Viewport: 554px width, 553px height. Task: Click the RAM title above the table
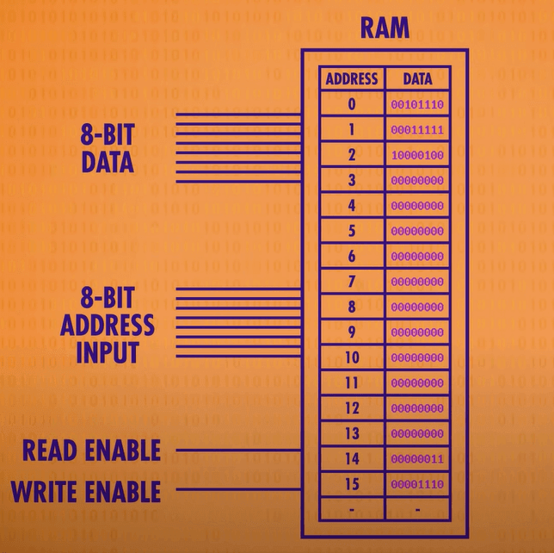click(385, 28)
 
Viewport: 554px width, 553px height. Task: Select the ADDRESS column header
click(352, 79)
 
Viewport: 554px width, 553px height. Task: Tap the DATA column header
click(417, 79)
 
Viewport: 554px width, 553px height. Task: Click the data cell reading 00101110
click(417, 105)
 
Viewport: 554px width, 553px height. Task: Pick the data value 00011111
click(417, 130)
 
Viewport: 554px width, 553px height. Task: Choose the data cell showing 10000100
click(417, 156)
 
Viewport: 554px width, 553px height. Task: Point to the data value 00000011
click(417, 459)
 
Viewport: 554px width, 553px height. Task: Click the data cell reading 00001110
click(417, 485)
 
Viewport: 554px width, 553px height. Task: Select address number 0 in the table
click(352, 105)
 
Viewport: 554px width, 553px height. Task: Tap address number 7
click(352, 282)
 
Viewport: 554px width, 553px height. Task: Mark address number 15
click(352, 485)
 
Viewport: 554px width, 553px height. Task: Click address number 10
click(352, 357)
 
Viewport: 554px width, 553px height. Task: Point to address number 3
click(352, 181)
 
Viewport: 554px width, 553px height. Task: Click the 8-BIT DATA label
click(108, 148)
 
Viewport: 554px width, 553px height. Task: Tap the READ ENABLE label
click(91, 450)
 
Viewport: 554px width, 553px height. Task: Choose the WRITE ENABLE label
click(85, 492)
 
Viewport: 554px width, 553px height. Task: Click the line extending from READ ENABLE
click(238, 450)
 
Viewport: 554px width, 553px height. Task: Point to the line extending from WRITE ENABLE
click(238, 491)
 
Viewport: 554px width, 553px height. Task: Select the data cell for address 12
click(417, 408)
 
